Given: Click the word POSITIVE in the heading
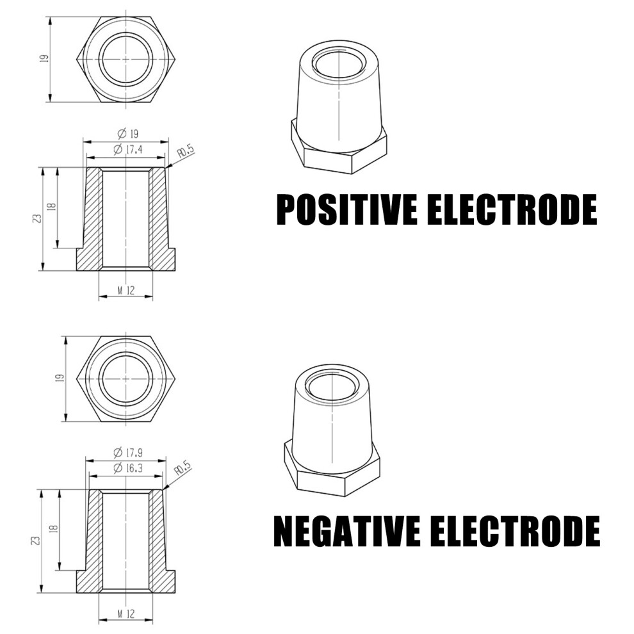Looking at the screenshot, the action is [x=347, y=209].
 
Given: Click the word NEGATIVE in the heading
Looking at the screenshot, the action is [x=347, y=531].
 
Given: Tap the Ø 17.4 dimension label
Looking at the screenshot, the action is [x=128, y=149].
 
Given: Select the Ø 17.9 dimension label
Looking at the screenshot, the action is [x=128, y=451].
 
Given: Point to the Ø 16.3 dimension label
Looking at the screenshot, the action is [x=128, y=468].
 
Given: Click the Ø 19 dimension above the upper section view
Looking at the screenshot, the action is [x=127, y=133].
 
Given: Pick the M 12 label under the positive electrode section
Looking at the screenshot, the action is [x=126, y=290].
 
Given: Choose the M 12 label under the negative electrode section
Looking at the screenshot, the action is [x=126, y=613].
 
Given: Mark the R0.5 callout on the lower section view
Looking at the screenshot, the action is [x=182, y=470].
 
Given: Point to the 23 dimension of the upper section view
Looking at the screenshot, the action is [x=37, y=219].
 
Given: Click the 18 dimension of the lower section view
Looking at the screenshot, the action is [x=54, y=528].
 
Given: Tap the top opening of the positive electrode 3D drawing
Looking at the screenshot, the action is [x=339, y=65].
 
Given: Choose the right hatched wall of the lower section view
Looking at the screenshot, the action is [x=160, y=542].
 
